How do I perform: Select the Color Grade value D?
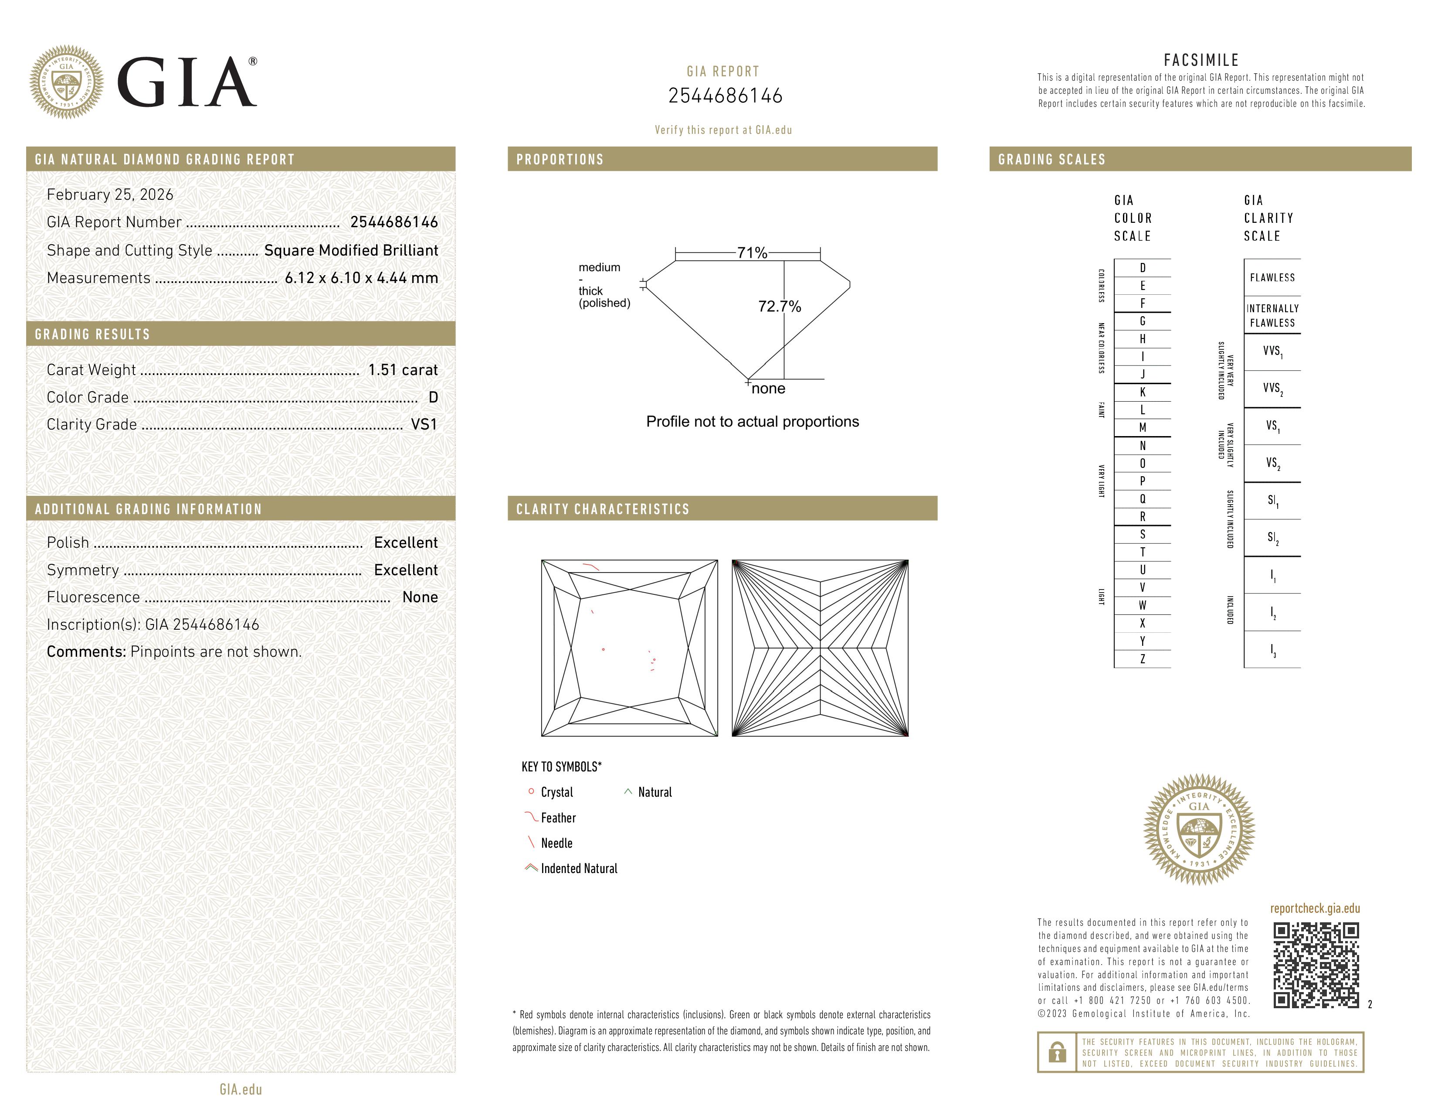[433, 397]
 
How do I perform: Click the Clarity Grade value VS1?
[424, 425]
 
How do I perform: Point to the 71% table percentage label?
[752, 253]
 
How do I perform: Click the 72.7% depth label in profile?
[779, 306]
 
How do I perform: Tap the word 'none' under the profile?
[768, 389]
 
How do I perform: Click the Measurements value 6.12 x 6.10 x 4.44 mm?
[361, 278]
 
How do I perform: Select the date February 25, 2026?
[110, 195]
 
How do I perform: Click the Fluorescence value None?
[419, 597]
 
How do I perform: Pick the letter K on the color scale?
[1143, 392]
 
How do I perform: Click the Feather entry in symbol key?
[558, 818]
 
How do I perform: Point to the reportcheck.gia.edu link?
[1315, 908]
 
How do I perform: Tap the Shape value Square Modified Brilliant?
[351, 250]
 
